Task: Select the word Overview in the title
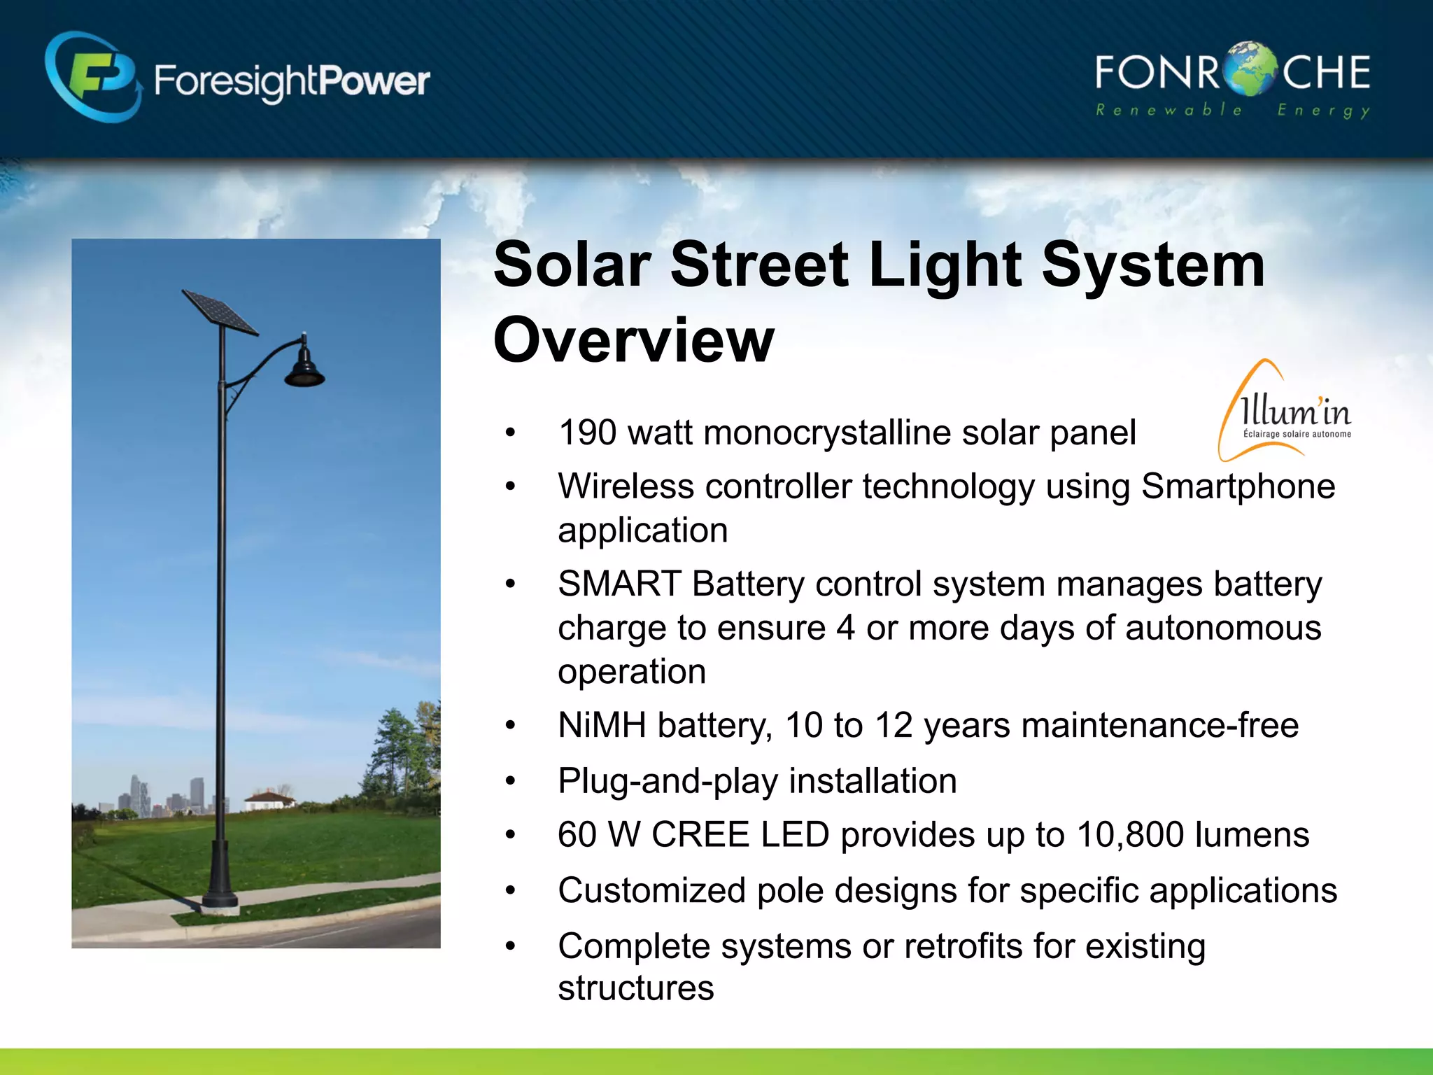point(633,341)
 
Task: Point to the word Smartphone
point(1238,486)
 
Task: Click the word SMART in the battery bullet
point(619,584)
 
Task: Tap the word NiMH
point(602,726)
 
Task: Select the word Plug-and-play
point(668,781)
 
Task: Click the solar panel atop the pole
point(220,311)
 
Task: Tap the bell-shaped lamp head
point(304,367)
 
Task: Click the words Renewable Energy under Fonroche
point(1231,111)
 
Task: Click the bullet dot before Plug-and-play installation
point(510,781)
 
